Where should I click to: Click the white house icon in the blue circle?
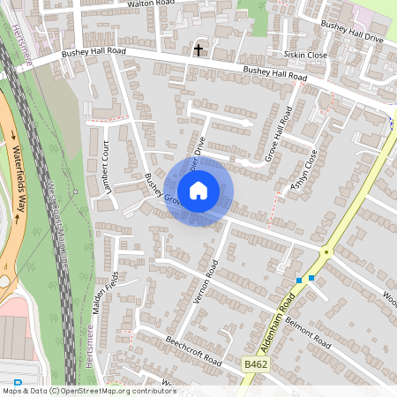pyautogui.click(x=198, y=190)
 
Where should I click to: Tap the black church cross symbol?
pyautogui.click(x=198, y=49)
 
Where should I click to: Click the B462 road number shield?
pyautogui.click(x=255, y=363)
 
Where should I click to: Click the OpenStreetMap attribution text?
pyautogui.click(x=88, y=391)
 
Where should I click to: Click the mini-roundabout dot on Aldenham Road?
pyautogui.click(x=326, y=252)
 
